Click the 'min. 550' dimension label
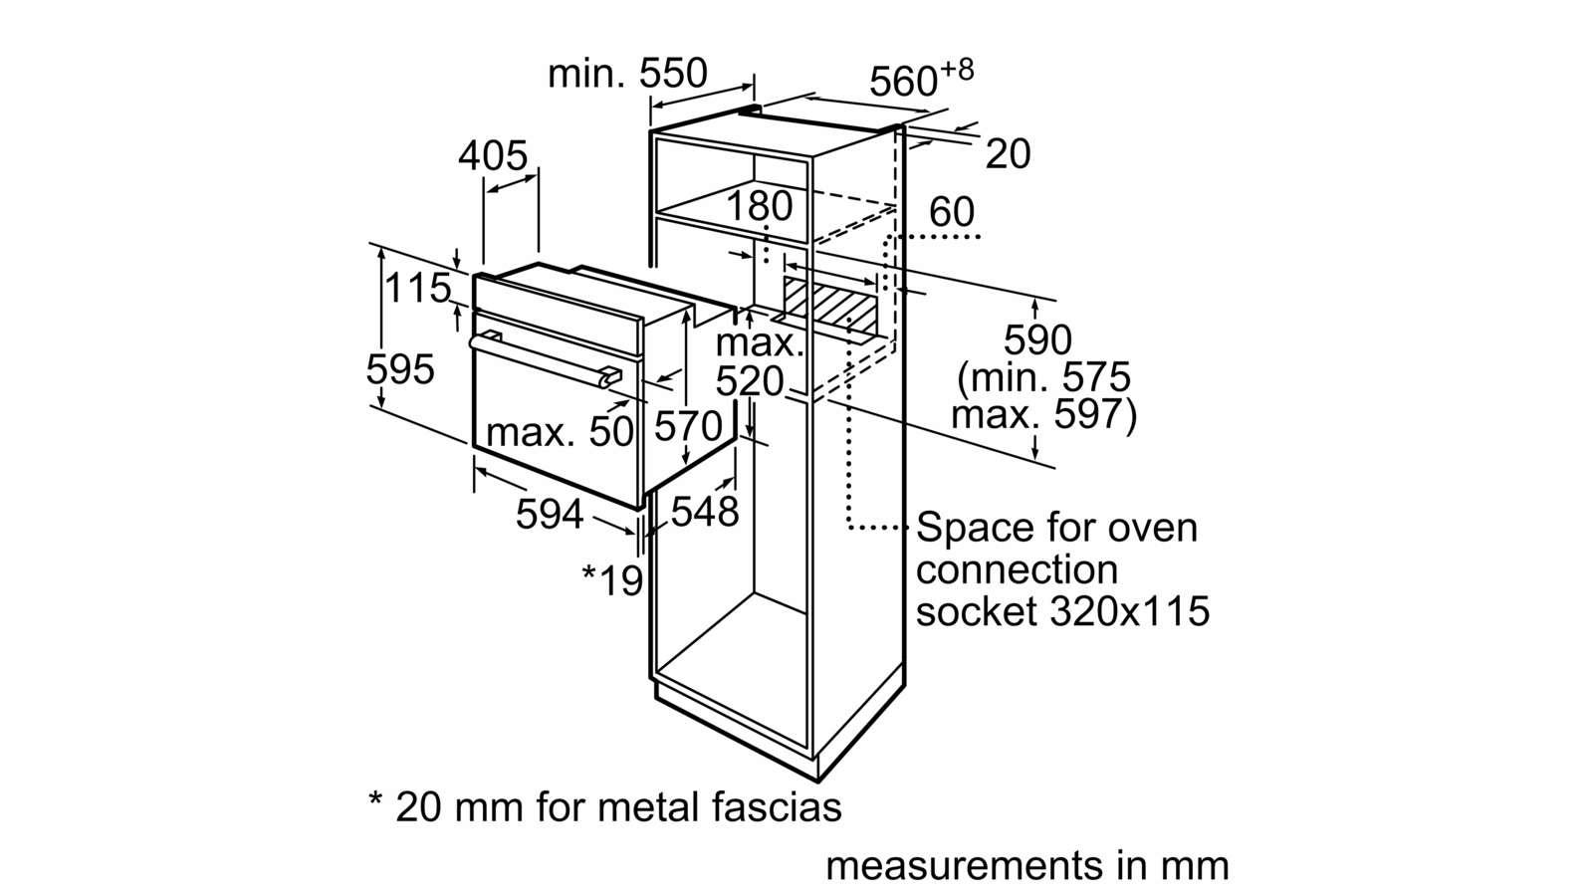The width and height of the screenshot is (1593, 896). (x=628, y=74)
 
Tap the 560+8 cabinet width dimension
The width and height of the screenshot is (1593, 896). (x=921, y=79)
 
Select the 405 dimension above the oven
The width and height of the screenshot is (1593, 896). (x=493, y=155)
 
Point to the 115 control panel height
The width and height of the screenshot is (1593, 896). (x=418, y=288)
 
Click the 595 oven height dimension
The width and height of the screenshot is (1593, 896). (x=399, y=369)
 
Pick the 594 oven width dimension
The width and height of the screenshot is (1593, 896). (x=550, y=514)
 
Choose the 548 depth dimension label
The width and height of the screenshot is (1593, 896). (x=705, y=511)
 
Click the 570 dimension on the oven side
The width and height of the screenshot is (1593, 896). (x=688, y=427)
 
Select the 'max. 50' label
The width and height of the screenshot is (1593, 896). (x=560, y=431)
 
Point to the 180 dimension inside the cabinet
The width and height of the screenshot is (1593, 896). (x=759, y=206)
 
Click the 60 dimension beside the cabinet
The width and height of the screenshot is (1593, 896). (x=952, y=212)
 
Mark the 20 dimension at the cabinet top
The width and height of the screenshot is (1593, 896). (x=1008, y=153)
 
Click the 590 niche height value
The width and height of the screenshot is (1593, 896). (x=1037, y=339)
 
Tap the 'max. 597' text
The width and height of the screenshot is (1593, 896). (x=1044, y=414)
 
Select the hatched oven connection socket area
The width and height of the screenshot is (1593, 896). (x=830, y=300)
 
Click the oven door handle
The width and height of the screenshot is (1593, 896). (x=546, y=359)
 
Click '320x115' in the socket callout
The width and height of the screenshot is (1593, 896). (x=1130, y=611)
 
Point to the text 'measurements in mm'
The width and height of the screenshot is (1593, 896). (x=1027, y=865)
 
